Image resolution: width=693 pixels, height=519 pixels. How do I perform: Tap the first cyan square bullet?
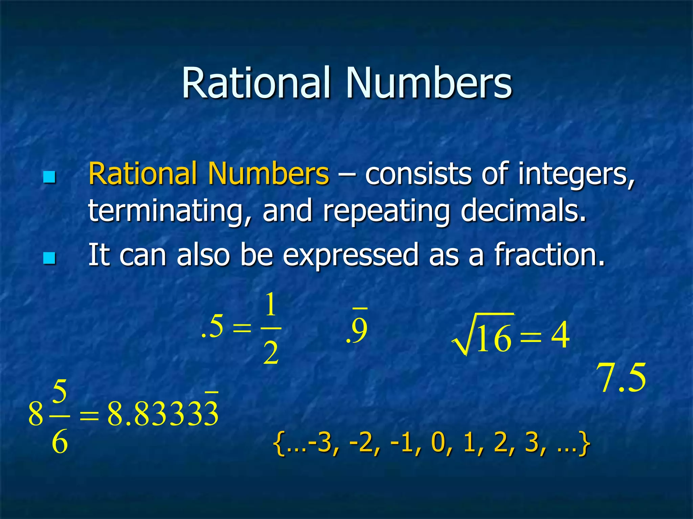49,177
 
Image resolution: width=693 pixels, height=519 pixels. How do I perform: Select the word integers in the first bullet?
576,174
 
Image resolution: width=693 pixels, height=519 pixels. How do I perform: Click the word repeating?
386,211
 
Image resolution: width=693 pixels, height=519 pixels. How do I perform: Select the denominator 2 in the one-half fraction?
271,353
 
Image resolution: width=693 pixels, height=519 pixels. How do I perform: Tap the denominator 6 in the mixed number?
60,442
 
